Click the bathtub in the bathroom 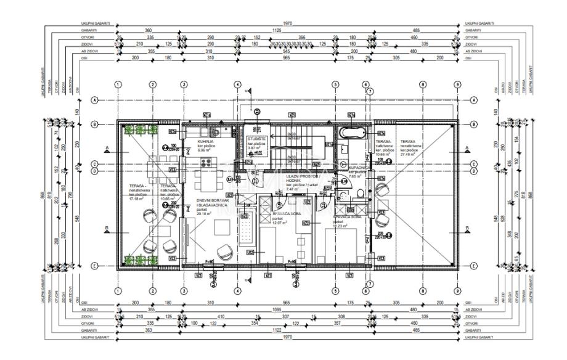point(353,132)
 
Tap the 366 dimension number point(301,38)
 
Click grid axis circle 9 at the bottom point(457,290)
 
